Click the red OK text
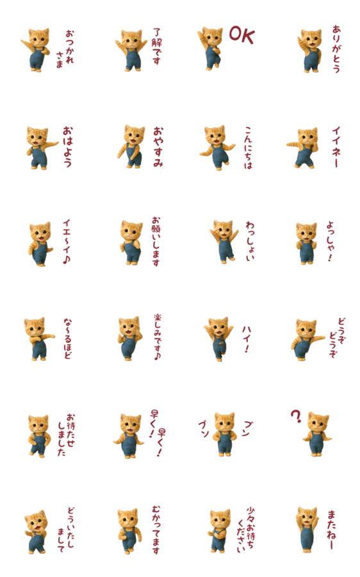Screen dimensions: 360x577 (241, 35)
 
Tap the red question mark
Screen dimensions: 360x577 (296, 416)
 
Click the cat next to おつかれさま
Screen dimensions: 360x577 (35, 49)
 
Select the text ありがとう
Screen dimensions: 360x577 (336, 49)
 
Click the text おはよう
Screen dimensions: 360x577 (68, 147)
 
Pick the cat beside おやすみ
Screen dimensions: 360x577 (131, 146)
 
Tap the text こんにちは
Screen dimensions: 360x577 (249, 147)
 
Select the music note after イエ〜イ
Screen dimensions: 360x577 (66, 260)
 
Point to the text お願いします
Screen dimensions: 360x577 (156, 242)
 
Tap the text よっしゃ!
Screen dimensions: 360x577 (331, 242)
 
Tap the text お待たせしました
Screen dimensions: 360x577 (66, 435)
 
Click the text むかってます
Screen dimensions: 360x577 (156, 530)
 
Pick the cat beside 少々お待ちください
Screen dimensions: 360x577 (220, 531)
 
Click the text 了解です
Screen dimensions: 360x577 (157, 46)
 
